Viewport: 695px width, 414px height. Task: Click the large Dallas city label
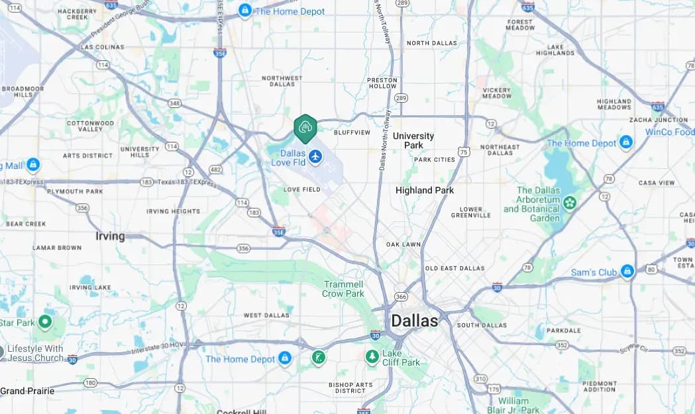[414, 321]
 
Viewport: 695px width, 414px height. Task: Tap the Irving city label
[110, 236]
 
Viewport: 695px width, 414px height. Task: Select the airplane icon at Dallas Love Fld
[315, 157]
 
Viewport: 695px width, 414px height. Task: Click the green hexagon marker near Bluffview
[305, 128]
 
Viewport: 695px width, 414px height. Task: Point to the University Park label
[413, 140]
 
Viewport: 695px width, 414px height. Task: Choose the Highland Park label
[425, 190]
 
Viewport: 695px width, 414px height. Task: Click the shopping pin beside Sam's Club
[627, 271]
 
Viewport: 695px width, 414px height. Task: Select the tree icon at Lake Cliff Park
[372, 357]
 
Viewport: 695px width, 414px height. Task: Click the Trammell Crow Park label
[343, 289]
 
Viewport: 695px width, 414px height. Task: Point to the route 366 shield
[401, 296]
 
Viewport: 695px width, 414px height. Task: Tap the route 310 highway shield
[480, 379]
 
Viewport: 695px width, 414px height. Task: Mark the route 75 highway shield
[464, 152]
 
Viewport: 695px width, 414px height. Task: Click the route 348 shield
[175, 103]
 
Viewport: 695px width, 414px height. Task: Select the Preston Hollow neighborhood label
[382, 83]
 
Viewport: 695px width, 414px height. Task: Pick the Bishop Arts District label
[350, 388]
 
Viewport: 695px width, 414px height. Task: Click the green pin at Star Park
[45, 323]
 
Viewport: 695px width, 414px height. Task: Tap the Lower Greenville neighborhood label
[471, 212]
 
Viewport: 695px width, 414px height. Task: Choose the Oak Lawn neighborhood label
[403, 244]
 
